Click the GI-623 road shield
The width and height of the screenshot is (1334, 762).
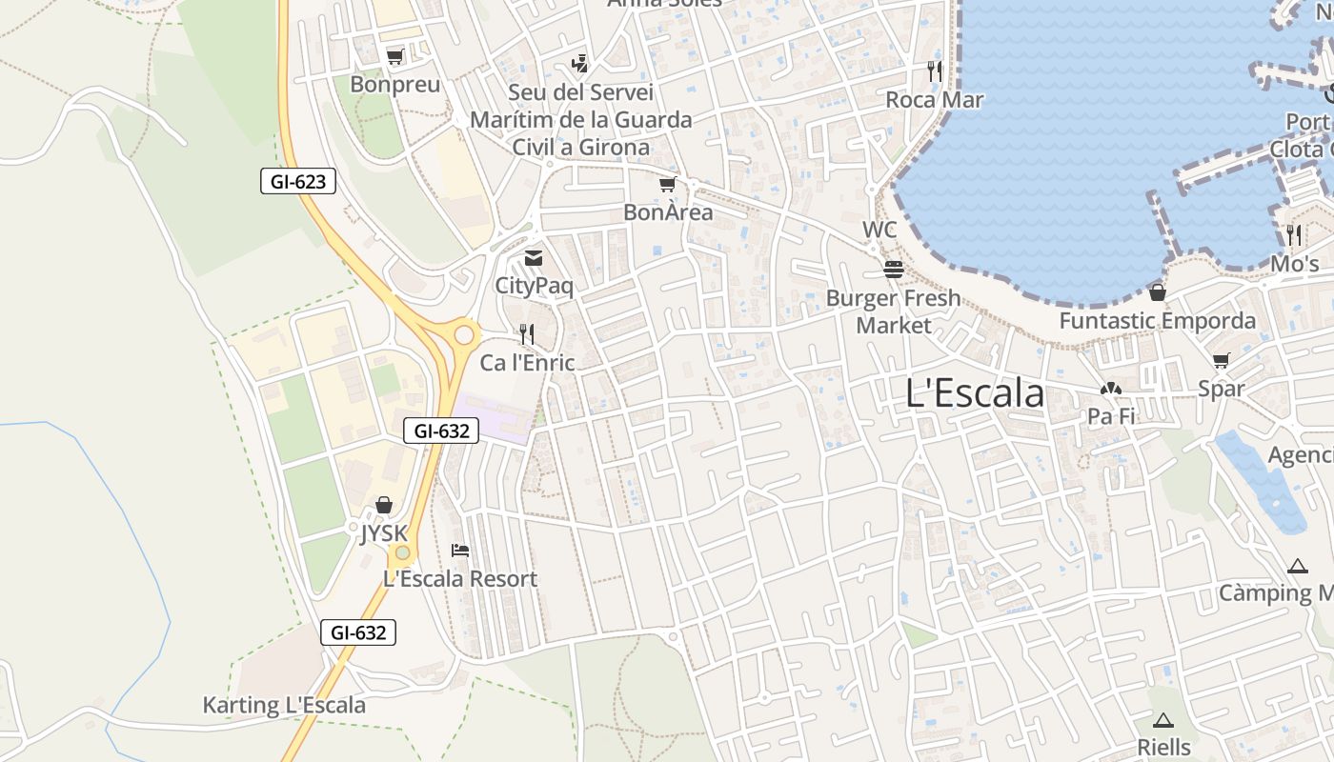click(x=298, y=181)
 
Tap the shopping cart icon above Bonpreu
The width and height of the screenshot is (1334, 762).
click(x=394, y=57)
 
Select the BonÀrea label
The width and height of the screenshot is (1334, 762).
click(x=668, y=211)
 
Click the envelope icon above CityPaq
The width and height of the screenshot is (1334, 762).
click(x=534, y=258)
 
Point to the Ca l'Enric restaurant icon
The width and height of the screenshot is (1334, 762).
click(x=526, y=334)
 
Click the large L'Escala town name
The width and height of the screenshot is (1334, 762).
click(x=975, y=393)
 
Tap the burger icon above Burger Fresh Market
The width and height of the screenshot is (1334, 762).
click(x=893, y=270)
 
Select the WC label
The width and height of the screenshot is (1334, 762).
click(x=879, y=230)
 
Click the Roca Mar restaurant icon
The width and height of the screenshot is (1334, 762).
click(x=935, y=70)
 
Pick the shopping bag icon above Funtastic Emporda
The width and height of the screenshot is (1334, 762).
click(x=1158, y=292)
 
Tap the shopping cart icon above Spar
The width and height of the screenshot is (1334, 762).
click(x=1222, y=360)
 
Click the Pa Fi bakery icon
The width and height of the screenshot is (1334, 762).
click(x=1110, y=389)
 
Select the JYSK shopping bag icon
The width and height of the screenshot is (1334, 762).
click(x=383, y=505)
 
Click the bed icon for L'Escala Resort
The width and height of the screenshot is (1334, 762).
click(x=460, y=550)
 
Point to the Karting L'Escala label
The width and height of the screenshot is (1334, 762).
click(x=284, y=706)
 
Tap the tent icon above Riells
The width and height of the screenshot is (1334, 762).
click(x=1162, y=720)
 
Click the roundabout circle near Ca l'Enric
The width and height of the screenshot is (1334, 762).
click(x=465, y=334)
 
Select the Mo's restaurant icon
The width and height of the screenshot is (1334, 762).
click(x=1293, y=234)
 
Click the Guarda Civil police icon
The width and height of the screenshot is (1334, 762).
click(x=579, y=64)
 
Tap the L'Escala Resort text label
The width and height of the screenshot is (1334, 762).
click(x=460, y=578)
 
